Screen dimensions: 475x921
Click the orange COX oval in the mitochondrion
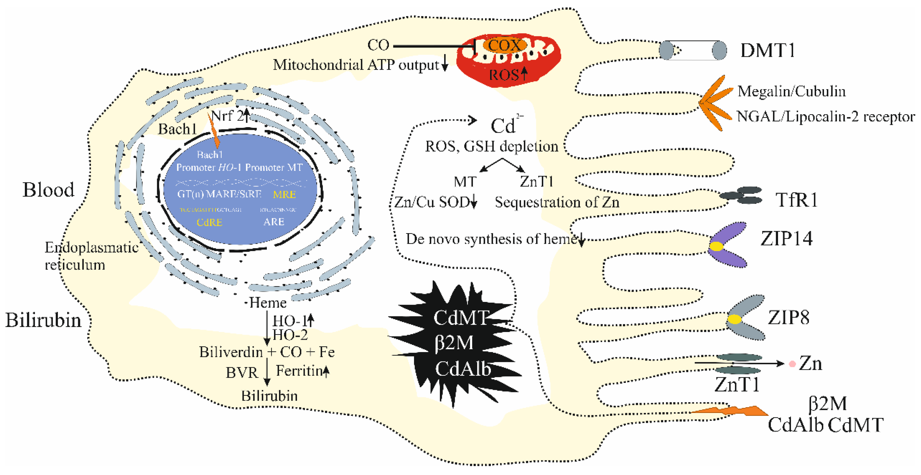505,45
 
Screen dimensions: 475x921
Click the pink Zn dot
792,364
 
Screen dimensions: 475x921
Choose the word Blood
49,190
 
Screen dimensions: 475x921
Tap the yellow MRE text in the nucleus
284,195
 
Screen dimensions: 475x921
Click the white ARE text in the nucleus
274,222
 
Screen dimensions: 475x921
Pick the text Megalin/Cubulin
791,91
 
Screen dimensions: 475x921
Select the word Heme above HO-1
268,303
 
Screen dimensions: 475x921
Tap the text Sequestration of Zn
557,203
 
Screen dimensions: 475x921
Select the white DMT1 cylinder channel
693,50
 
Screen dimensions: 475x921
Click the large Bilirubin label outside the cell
43,320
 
